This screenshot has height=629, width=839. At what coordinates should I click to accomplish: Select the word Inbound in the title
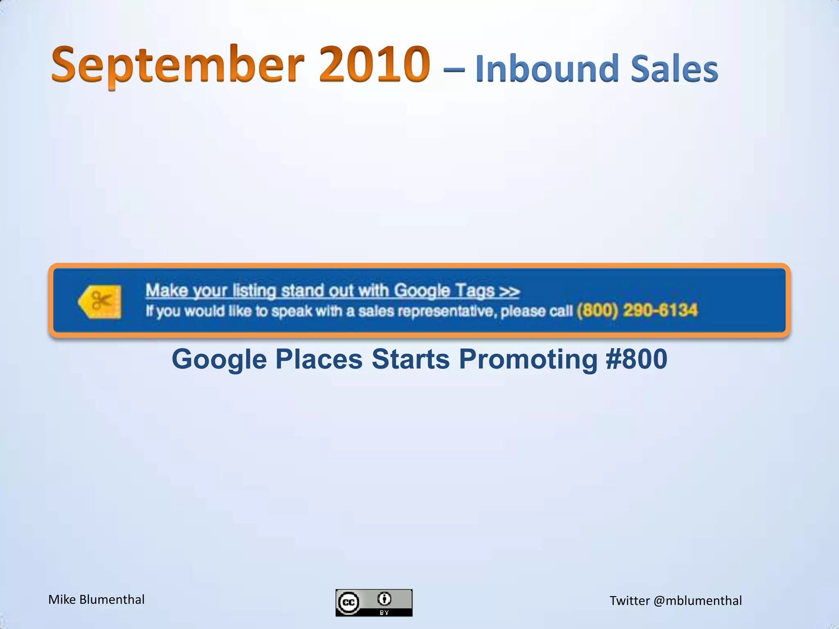546,69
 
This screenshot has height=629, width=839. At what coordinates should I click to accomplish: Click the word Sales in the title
674,69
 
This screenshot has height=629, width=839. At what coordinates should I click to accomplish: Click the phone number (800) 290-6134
637,310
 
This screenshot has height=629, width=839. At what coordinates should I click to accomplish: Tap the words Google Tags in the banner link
444,290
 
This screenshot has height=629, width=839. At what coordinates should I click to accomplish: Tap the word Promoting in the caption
528,359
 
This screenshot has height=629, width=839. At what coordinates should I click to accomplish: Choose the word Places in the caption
319,359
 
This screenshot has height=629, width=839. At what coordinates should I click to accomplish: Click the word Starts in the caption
410,359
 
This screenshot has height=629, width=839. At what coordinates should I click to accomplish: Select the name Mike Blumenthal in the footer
96,600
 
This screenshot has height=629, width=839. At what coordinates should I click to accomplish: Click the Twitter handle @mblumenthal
698,601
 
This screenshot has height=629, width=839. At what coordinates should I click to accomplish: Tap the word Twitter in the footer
630,601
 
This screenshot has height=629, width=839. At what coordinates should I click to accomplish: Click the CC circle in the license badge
349,603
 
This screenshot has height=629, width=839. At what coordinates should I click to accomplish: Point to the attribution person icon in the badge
384,599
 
